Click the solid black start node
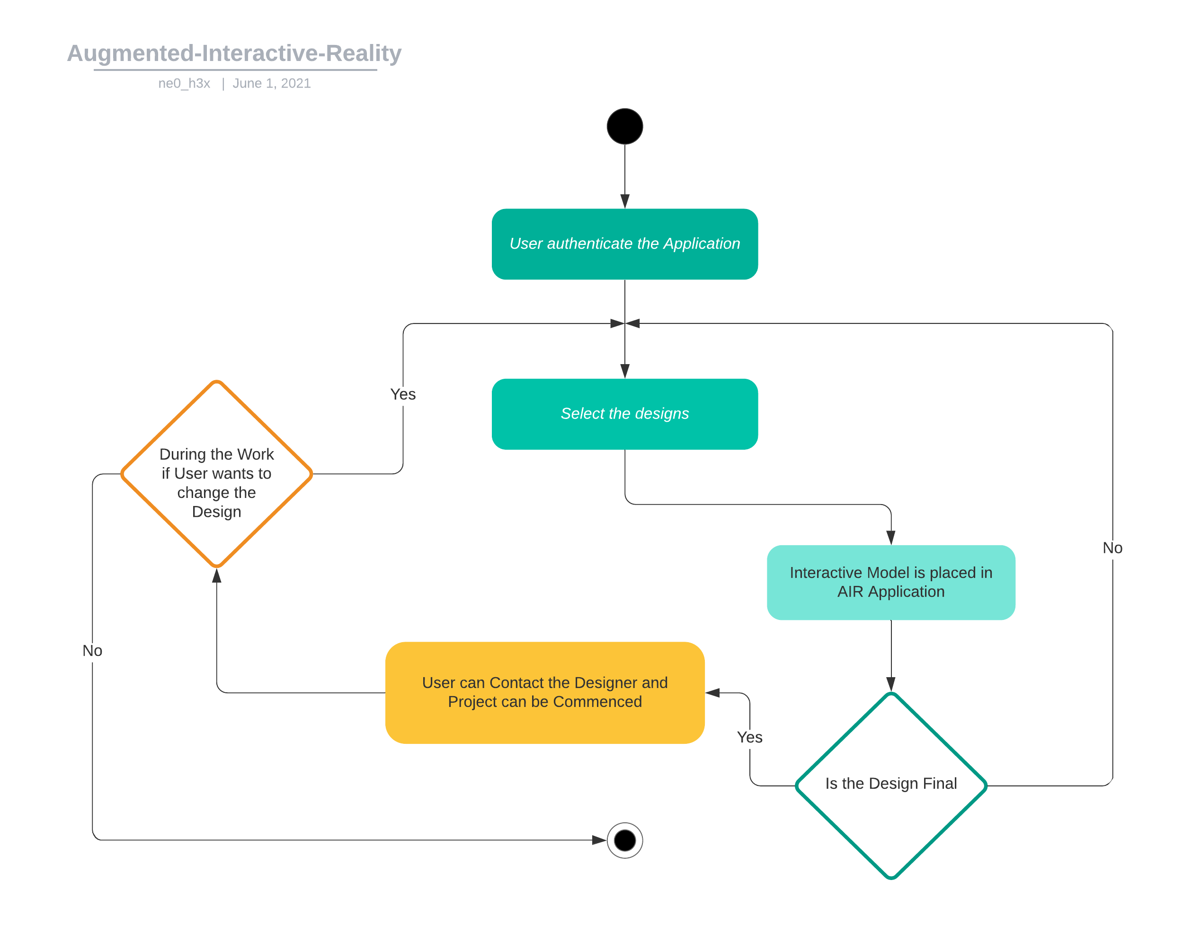(625, 126)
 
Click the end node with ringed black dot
(625, 840)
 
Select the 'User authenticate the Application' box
(625, 244)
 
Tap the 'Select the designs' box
(625, 414)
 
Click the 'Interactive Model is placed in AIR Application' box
(891, 583)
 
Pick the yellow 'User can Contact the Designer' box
(544, 692)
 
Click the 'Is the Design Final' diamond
(891, 785)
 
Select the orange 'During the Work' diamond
(217, 474)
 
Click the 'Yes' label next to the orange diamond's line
(402, 394)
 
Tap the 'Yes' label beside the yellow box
(749, 737)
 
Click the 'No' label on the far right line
(1112, 548)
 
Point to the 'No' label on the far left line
(92, 651)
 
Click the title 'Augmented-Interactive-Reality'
(234, 53)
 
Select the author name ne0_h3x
(184, 84)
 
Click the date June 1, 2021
(272, 84)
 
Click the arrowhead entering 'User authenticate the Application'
(625, 201)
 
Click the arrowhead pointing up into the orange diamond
(217, 576)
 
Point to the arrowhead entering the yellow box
(712, 693)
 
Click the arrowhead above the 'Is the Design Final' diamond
(891, 684)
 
